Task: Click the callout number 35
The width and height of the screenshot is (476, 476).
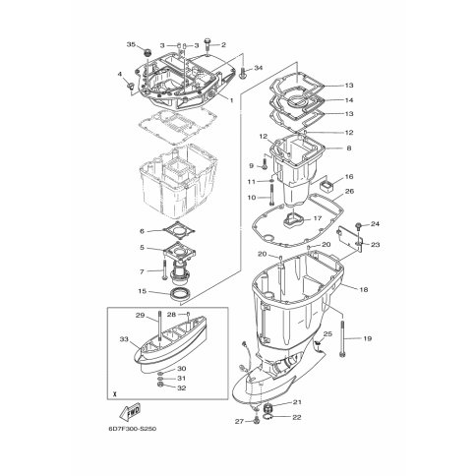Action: coord(131,44)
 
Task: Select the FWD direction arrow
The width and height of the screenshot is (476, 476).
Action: coord(131,412)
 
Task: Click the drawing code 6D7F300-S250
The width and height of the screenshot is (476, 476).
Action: coord(131,429)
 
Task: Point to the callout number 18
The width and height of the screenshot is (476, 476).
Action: coord(364,289)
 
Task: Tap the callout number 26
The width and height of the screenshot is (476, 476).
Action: coord(350,191)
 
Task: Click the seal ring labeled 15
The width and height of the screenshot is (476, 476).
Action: coord(180,293)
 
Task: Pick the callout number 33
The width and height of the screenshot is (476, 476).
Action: coord(124,339)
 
